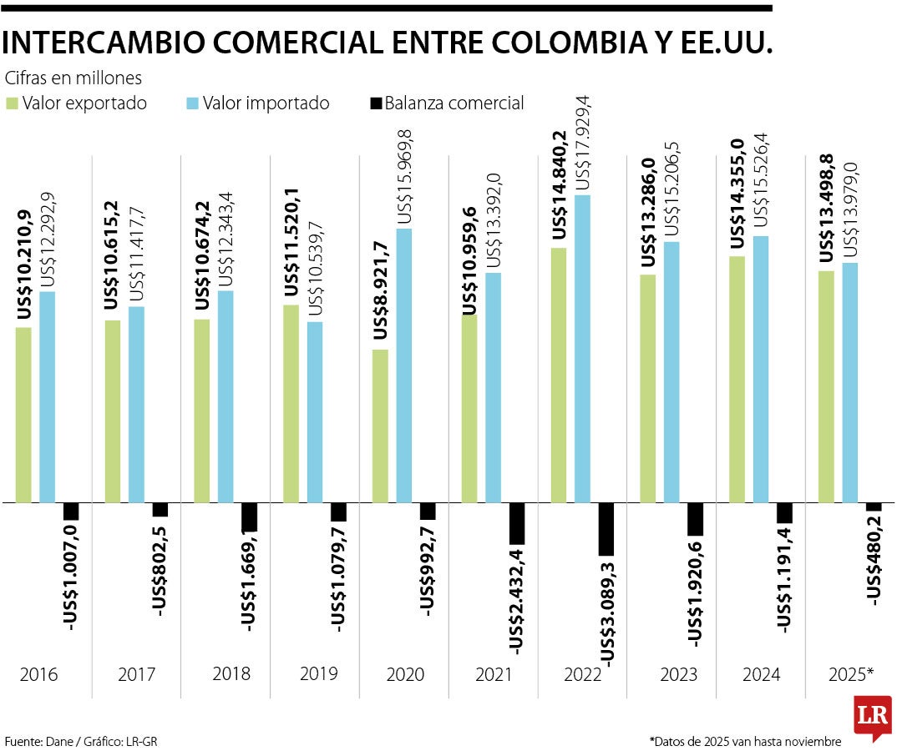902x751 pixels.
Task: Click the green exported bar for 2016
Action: [23, 415]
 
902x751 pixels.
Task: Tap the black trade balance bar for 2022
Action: [606, 529]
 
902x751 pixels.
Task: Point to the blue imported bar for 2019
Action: [315, 412]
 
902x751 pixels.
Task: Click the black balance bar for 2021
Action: [516, 522]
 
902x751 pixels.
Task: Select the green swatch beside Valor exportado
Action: [12, 103]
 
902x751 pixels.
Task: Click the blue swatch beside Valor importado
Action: [191, 103]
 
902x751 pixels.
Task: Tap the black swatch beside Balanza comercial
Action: [375, 103]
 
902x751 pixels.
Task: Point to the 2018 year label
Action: [232, 673]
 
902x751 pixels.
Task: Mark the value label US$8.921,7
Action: [380, 290]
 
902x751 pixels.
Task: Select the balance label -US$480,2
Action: [874, 559]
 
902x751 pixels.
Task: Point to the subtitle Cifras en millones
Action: [73, 78]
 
